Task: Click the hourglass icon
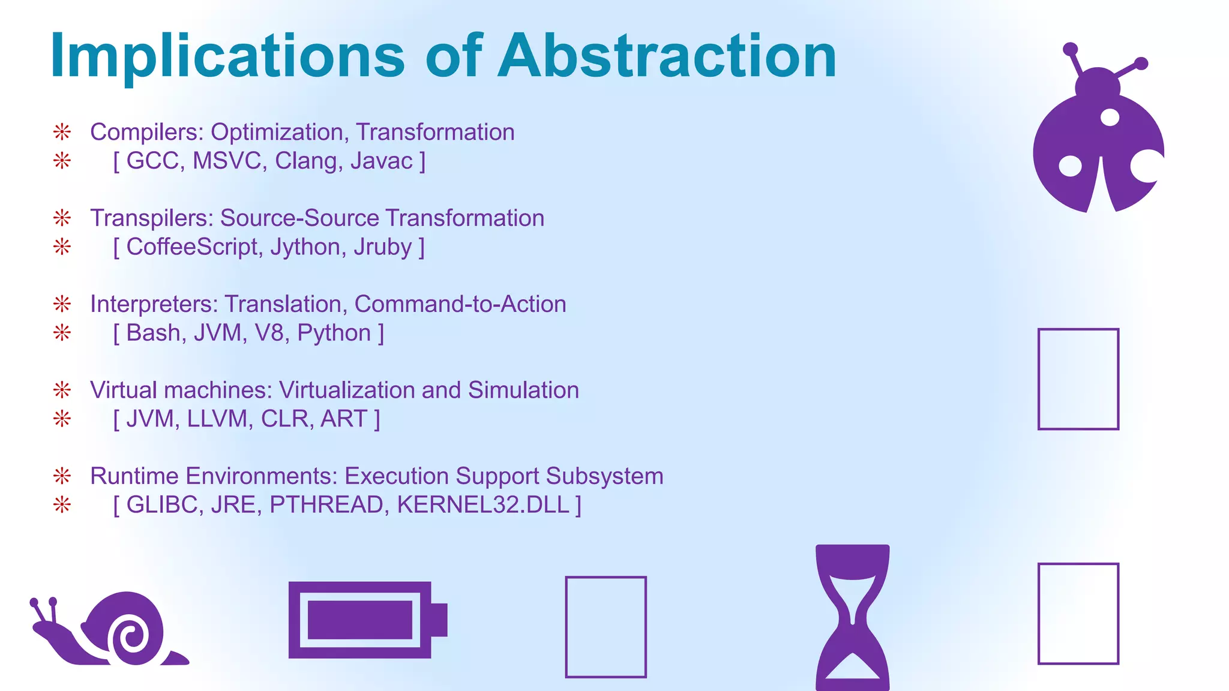(x=852, y=618)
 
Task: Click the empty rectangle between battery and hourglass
(x=605, y=627)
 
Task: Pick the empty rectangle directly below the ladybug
(x=1078, y=379)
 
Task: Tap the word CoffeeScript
(x=192, y=247)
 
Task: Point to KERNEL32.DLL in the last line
(x=483, y=505)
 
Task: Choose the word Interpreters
(x=154, y=305)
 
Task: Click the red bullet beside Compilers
(x=62, y=132)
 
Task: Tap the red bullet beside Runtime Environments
(x=62, y=476)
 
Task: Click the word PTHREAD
(x=326, y=505)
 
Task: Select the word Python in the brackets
(x=334, y=333)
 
